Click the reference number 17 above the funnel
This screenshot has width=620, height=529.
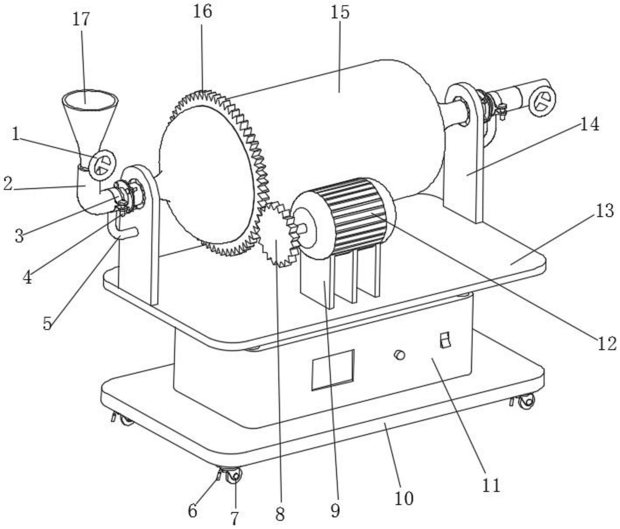(x=81, y=19)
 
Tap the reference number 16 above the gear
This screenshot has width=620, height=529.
(x=202, y=11)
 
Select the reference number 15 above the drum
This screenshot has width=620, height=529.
(x=340, y=12)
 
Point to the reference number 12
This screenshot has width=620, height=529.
(x=606, y=343)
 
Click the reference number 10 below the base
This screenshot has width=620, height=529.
(x=404, y=498)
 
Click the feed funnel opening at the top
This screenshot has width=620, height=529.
(x=90, y=97)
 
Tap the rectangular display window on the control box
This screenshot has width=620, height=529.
(x=333, y=370)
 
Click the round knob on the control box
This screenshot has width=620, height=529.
(x=400, y=354)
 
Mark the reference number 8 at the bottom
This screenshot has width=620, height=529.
(x=280, y=514)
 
